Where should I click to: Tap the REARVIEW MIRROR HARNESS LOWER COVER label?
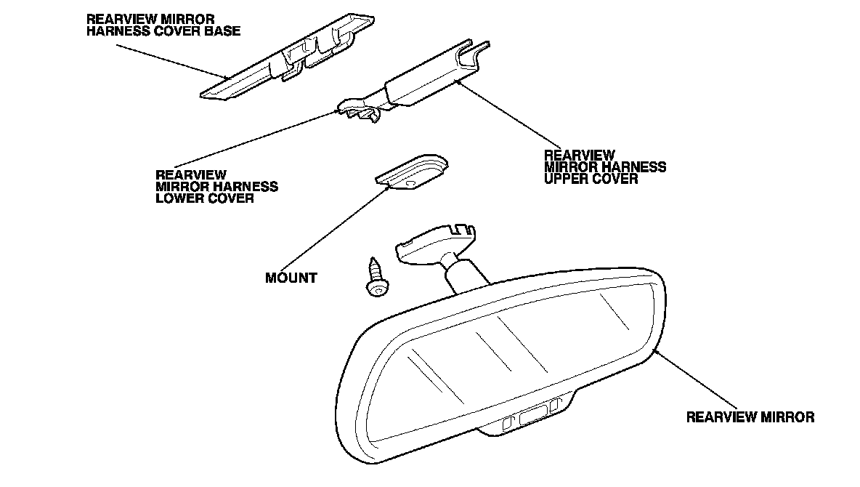216,187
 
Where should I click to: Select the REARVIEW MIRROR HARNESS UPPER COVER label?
604,166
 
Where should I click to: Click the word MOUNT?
291,278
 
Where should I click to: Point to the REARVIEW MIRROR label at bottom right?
750,417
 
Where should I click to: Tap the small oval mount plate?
412,172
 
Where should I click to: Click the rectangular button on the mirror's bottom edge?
533,417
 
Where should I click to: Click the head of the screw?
376,289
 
